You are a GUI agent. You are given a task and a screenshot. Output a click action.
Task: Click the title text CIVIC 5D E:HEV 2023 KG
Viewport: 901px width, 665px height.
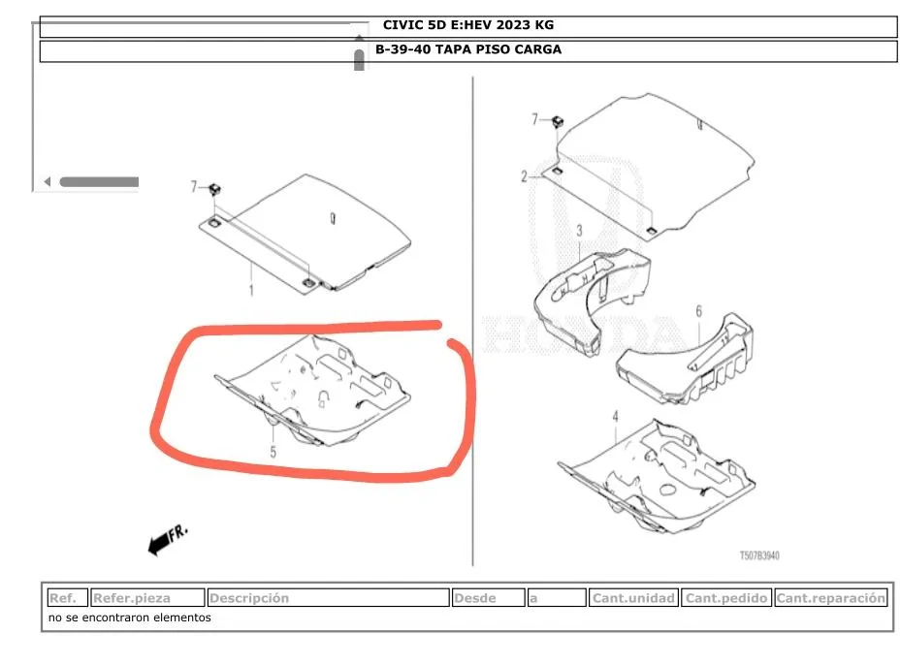tap(468, 25)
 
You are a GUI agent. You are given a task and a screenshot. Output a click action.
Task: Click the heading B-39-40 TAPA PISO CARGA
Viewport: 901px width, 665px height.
tap(468, 49)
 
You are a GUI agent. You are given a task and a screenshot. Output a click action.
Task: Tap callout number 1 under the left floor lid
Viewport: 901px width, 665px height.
tap(250, 290)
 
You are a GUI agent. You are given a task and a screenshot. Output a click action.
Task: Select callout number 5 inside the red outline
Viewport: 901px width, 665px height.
tap(274, 451)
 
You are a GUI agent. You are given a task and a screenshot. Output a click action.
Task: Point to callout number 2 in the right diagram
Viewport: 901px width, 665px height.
tap(524, 176)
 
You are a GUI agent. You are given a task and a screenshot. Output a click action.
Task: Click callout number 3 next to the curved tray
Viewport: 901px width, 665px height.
tap(579, 231)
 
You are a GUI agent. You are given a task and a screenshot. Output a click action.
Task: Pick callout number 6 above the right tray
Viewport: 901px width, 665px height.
tap(697, 311)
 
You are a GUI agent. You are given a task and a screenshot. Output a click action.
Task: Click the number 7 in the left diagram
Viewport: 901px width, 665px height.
tap(193, 186)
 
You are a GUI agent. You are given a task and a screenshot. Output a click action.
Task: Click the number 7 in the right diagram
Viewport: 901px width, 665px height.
tap(533, 120)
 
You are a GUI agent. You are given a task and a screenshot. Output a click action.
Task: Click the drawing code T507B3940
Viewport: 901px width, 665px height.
tap(759, 556)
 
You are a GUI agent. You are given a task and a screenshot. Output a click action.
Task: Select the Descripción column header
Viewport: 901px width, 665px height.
tap(328, 598)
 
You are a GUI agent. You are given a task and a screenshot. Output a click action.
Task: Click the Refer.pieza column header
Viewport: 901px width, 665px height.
tap(148, 598)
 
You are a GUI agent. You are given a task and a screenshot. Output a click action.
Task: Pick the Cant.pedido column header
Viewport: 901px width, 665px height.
tap(726, 598)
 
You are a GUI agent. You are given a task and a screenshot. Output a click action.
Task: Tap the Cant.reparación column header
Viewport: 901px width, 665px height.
tap(831, 598)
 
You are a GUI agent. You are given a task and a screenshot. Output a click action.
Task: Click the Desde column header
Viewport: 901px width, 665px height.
tap(488, 598)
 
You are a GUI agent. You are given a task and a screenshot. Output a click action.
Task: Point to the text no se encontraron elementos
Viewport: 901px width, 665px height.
tap(129, 617)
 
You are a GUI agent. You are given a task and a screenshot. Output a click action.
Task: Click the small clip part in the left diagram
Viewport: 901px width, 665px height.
tap(215, 188)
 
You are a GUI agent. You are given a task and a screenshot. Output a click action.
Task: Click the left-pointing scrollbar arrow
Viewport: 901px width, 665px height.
tap(48, 181)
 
